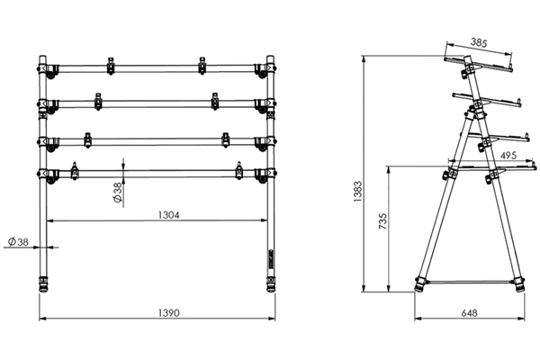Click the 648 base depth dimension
tap(468, 313)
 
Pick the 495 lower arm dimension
tap(508, 156)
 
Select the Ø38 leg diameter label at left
tap(16, 241)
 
